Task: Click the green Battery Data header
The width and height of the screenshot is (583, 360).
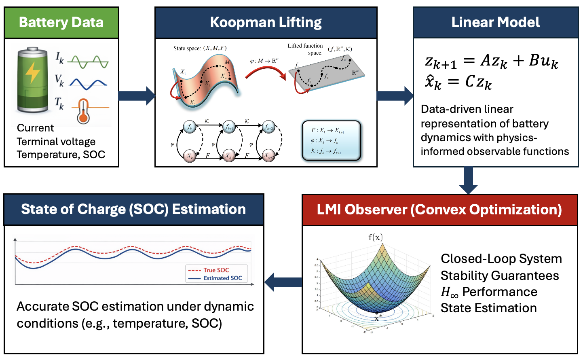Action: pos(61,22)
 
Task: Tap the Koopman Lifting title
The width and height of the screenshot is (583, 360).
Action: pos(266,22)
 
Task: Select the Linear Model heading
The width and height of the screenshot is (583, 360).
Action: pos(495,22)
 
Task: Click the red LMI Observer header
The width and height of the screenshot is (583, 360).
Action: pos(439,210)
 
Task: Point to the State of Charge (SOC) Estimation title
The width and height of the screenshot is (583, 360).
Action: pos(133,209)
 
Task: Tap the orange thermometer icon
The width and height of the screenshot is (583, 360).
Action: pos(83,111)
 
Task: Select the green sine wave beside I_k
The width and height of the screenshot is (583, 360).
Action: pos(88,62)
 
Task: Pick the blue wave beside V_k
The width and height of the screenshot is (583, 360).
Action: pos(88,84)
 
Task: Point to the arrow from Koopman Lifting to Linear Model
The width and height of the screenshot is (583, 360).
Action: pos(395,96)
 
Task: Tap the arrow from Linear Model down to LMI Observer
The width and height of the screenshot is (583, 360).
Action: pos(468,180)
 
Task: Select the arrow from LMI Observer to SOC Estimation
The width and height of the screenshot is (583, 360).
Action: pos(283,282)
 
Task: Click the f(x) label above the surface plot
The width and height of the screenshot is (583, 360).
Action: pos(376,237)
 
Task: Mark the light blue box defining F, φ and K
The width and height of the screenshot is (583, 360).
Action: pos(331,141)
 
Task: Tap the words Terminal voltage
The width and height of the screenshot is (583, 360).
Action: pos(56,142)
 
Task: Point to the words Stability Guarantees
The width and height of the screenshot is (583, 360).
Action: pos(500,275)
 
